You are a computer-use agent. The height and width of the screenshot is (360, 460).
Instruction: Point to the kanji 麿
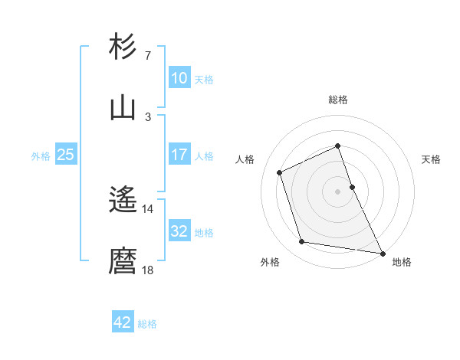[123, 261]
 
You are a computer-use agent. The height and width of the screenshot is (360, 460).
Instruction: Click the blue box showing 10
[179, 78]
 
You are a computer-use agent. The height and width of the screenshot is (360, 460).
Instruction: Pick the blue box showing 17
[179, 155]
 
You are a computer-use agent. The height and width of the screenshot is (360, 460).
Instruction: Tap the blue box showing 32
[179, 231]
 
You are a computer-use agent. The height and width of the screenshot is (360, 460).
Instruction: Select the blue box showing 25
[65, 155]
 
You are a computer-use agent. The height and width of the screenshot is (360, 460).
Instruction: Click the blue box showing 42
[123, 322]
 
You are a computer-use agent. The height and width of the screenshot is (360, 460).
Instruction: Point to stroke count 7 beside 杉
[147, 56]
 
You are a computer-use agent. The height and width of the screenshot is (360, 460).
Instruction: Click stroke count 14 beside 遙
[147, 208]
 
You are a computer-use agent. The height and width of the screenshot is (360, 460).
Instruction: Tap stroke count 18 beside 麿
[147, 270]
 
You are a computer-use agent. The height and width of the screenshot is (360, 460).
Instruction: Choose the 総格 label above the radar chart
[337, 100]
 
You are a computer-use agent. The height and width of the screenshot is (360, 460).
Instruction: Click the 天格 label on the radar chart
[431, 159]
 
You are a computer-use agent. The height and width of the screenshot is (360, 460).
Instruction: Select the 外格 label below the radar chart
[270, 262]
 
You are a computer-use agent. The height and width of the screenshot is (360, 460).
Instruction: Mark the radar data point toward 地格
[382, 252]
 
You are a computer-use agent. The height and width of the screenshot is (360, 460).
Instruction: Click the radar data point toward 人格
[280, 172]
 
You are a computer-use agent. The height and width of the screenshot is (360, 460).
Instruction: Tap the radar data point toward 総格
[337, 146]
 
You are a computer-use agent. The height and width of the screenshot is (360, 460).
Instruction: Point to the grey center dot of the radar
[337, 191]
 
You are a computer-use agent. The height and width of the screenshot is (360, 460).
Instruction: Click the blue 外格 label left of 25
[41, 155]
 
